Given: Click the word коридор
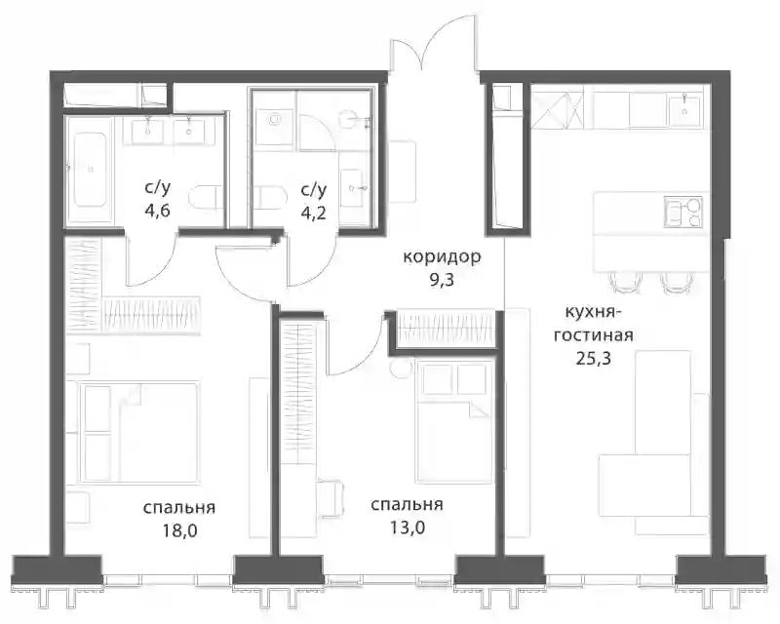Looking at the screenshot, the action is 442,257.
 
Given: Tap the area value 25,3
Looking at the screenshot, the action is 594,358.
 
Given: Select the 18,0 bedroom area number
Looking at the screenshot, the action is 179,531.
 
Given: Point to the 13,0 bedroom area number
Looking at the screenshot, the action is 407,526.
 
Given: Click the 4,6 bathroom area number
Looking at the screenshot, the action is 158,211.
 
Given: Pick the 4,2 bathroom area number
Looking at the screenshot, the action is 313,213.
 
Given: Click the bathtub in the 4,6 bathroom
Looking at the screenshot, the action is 90,170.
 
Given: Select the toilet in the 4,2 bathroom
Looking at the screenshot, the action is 271,199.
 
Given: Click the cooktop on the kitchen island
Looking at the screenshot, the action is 683,212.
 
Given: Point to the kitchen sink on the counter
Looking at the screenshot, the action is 685,110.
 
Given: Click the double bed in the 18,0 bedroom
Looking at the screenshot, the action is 138,432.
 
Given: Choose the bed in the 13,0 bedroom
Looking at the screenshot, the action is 454,422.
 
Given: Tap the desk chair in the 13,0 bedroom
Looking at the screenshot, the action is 330,498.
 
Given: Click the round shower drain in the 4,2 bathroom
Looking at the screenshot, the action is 273,119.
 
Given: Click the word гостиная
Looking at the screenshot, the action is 594,334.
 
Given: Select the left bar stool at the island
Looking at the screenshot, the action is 621,282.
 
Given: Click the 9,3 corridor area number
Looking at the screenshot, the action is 442,281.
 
